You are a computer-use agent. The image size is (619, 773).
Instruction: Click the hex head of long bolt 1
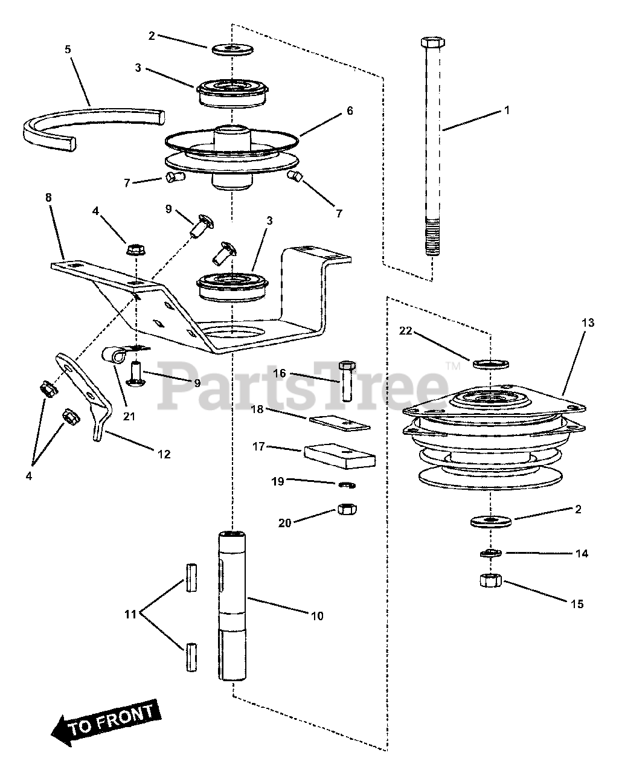click(x=432, y=43)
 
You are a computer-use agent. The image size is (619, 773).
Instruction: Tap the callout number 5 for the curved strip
click(x=68, y=49)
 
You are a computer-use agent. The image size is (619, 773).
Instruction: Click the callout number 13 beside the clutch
click(x=588, y=323)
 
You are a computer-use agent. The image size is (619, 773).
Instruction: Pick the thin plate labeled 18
click(x=339, y=423)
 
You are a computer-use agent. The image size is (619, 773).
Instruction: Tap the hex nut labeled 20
click(x=346, y=510)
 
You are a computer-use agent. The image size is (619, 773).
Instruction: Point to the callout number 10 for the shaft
click(x=317, y=616)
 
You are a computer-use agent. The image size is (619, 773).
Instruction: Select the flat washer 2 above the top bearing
click(x=233, y=48)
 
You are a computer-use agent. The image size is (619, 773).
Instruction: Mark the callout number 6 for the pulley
click(x=350, y=111)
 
